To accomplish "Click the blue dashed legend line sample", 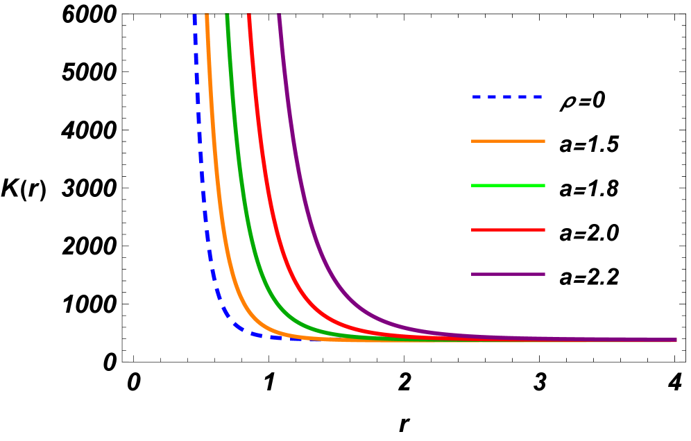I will click(507, 97).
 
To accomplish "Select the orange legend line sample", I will click(508, 141).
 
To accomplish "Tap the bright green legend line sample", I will click(508, 186).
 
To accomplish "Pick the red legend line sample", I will click(508, 230).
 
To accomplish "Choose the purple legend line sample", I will click(508, 275).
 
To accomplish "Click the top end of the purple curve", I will click(280, 16).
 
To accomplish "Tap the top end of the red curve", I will click(249, 16).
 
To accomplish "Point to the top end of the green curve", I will click(227, 16).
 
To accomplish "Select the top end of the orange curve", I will click(207, 16).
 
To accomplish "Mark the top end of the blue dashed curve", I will click(194, 16).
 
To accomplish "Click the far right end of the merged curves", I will click(675, 340).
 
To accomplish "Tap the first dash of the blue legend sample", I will click(477, 97).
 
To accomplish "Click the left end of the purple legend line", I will click(473, 275).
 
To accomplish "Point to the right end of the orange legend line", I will click(543, 141).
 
